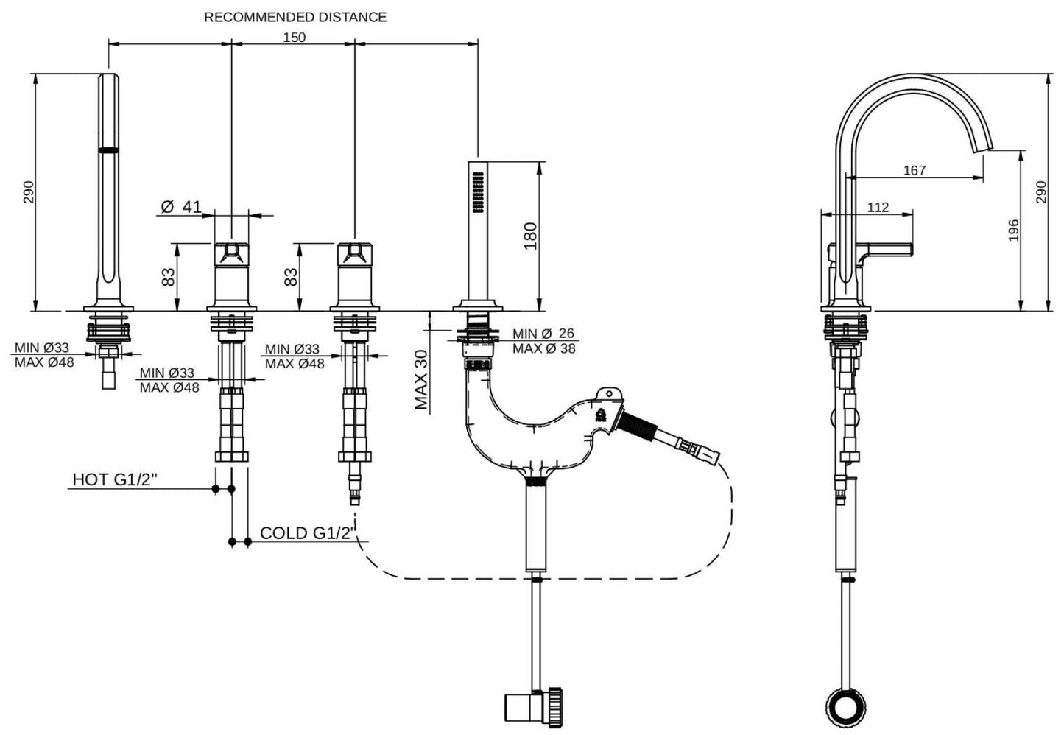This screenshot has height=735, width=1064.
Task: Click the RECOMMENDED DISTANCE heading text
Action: pyautogui.click(x=295, y=16)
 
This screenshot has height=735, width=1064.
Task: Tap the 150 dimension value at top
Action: pyautogui.click(x=294, y=38)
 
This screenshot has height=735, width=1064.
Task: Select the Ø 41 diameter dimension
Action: pyautogui.click(x=181, y=207)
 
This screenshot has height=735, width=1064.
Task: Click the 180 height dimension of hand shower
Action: pyautogui.click(x=529, y=236)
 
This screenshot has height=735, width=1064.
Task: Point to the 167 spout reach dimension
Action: pyautogui.click(x=914, y=170)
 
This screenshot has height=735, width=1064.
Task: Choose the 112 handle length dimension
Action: pyautogui.click(x=878, y=208)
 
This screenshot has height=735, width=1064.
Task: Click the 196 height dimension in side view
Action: pyautogui.click(x=1013, y=231)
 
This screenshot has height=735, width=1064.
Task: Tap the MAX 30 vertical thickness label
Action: pyautogui.click(x=421, y=379)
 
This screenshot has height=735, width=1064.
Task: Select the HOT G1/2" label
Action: pyautogui.click(x=115, y=480)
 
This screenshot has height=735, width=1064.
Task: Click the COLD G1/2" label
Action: pyautogui.click(x=309, y=532)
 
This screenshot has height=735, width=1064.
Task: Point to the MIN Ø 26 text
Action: pyautogui.click(x=544, y=334)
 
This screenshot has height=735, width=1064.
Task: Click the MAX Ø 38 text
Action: pyautogui.click(x=544, y=348)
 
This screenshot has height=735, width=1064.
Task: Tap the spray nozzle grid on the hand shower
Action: pyautogui.click(x=476, y=194)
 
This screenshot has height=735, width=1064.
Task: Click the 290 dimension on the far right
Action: pyautogui.click(x=1040, y=192)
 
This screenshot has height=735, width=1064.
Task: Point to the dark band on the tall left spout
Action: pyautogui.click(x=109, y=150)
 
